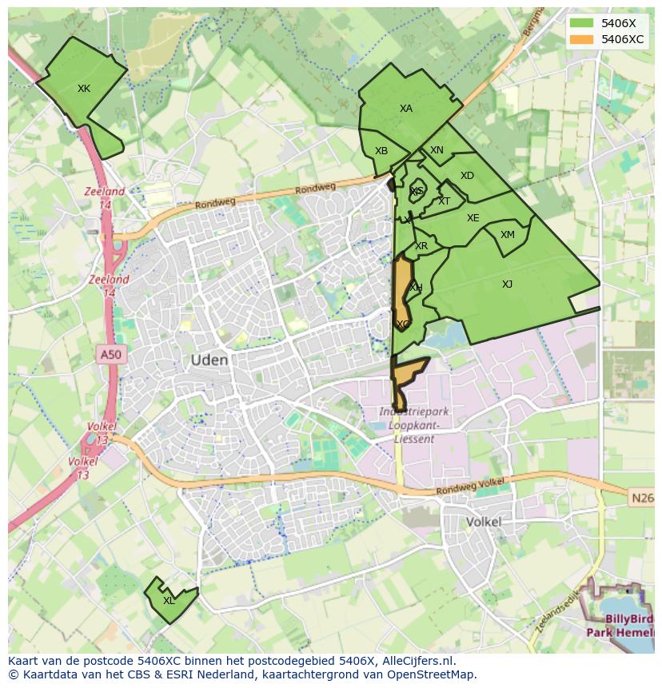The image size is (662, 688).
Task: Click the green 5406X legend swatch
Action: pos(582,23)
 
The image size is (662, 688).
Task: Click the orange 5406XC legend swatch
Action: pos(582,39)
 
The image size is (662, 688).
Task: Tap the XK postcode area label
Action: pos(84,89)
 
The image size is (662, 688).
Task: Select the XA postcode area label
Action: pos(406,109)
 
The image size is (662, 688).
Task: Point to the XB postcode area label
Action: pos(381,151)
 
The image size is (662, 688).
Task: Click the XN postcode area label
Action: pos(437,150)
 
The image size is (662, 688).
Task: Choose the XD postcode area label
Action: pos(467,176)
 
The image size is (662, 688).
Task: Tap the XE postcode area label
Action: pos(473,218)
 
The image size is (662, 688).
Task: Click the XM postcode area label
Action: pos(508,235)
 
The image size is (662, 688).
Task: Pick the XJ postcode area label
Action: pos(507,284)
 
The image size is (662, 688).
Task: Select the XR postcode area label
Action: pos(421,246)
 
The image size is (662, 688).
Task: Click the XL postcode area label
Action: pos(169,601)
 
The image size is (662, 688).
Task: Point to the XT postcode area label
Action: pos(444,201)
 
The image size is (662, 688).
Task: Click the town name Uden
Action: pos(209,360)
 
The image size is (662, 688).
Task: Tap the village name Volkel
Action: pos(484,522)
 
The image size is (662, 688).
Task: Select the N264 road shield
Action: pos(641,498)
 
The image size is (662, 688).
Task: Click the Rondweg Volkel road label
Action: pos(471,486)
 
